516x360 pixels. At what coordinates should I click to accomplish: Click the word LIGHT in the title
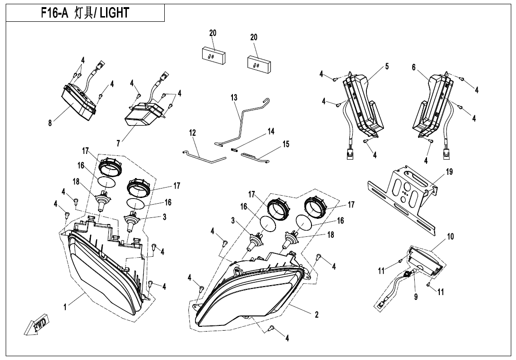pyautogui.click(x=114, y=13)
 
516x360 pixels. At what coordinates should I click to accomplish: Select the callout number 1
pyautogui.click(x=65, y=306)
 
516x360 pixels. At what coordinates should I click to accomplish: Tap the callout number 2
pyautogui.click(x=316, y=314)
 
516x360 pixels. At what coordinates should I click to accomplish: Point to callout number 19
pyautogui.click(x=449, y=172)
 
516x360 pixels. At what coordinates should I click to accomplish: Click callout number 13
pyautogui.click(x=234, y=98)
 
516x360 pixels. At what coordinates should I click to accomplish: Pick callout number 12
pyautogui.click(x=193, y=133)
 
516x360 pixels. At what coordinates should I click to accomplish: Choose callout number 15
pyautogui.click(x=286, y=144)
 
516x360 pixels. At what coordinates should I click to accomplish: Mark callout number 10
pyautogui.click(x=450, y=236)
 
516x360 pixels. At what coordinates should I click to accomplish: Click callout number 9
pyautogui.click(x=416, y=297)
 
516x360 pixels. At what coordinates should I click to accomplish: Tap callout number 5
pyautogui.click(x=387, y=66)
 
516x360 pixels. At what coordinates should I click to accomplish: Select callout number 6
pyautogui.click(x=414, y=68)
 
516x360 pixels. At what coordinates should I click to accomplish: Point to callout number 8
pyautogui.click(x=50, y=123)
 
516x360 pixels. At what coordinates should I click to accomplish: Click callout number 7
pyautogui.click(x=118, y=142)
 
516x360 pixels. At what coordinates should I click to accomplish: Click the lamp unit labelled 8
pyautogui.click(x=78, y=103)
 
